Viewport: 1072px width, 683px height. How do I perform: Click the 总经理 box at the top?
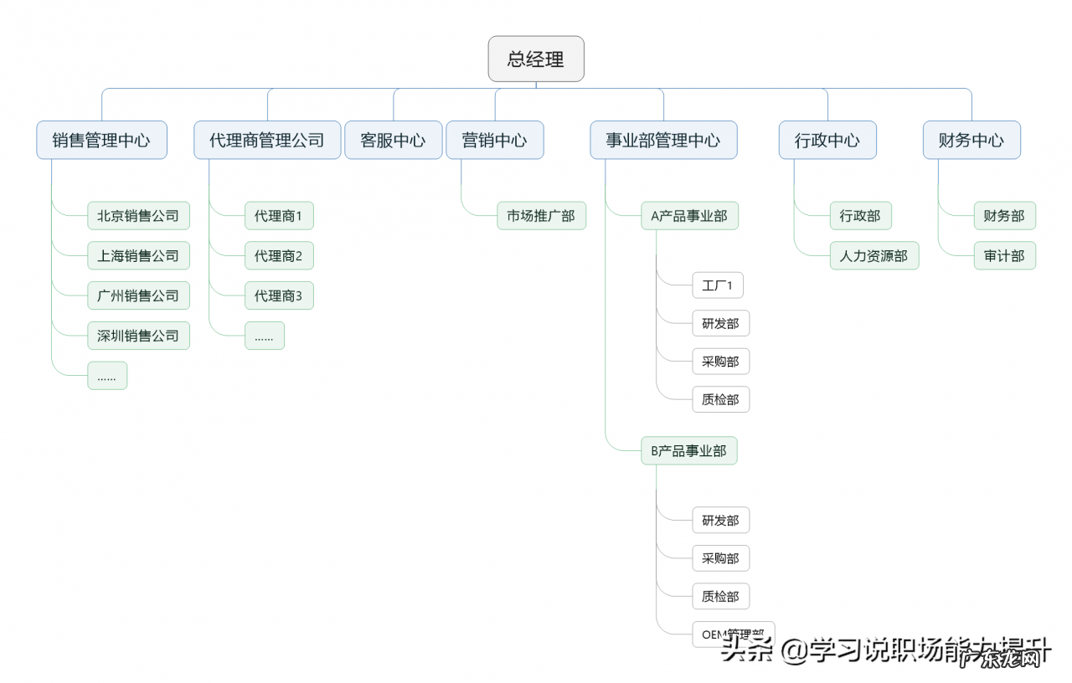[x=536, y=59]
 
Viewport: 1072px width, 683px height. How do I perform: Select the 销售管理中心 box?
[x=101, y=140]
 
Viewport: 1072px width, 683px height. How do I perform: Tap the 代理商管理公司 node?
[x=267, y=140]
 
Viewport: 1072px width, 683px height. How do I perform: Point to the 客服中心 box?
[x=393, y=140]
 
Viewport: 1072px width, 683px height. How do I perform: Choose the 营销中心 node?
[x=494, y=140]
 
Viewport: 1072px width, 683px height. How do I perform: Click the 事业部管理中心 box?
[x=663, y=140]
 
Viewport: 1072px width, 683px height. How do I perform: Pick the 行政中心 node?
[x=827, y=140]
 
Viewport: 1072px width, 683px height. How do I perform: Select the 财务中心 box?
[x=971, y=140]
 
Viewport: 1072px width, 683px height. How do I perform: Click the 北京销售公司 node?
[x=138, y=215]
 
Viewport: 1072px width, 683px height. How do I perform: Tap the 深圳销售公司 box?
[x=138, y=336]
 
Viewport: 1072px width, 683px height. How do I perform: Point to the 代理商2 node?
[x=279, y=255]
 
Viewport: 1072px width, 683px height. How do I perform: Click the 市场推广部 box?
[x=541, y=215]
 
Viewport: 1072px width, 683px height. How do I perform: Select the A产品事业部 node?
[x=689, y=215]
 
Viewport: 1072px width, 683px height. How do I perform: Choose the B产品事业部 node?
[x=689, y=450]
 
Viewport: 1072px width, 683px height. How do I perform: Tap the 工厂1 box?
[x=718, y=285]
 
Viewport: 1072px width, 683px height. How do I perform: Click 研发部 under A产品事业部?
[x=720, y=323]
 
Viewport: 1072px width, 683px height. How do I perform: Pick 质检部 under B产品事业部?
[x=720, y=596]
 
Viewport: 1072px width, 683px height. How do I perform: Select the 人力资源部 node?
[x=874, y=255]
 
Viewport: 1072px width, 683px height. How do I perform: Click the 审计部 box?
[x=1004, y=255]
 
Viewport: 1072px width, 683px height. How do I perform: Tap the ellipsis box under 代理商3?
[x=265, y=336]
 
